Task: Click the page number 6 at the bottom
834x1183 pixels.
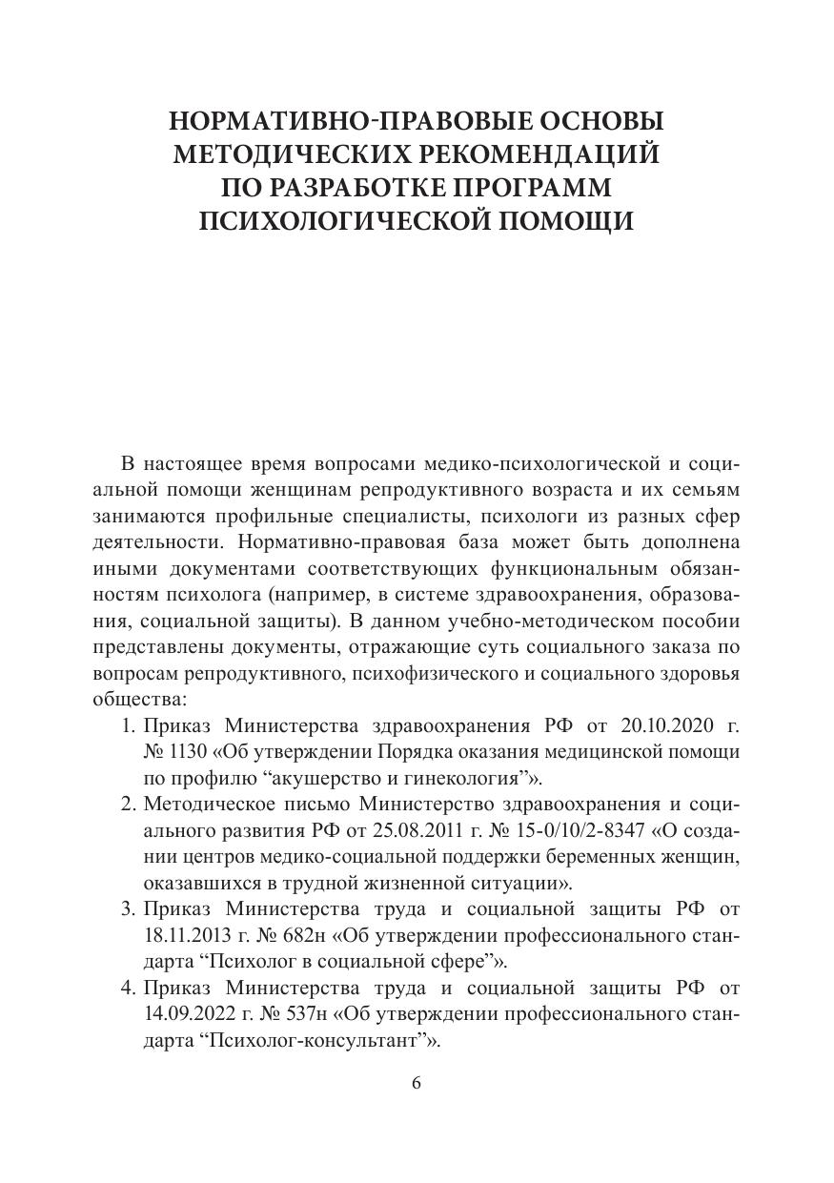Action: coord(417,1083)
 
